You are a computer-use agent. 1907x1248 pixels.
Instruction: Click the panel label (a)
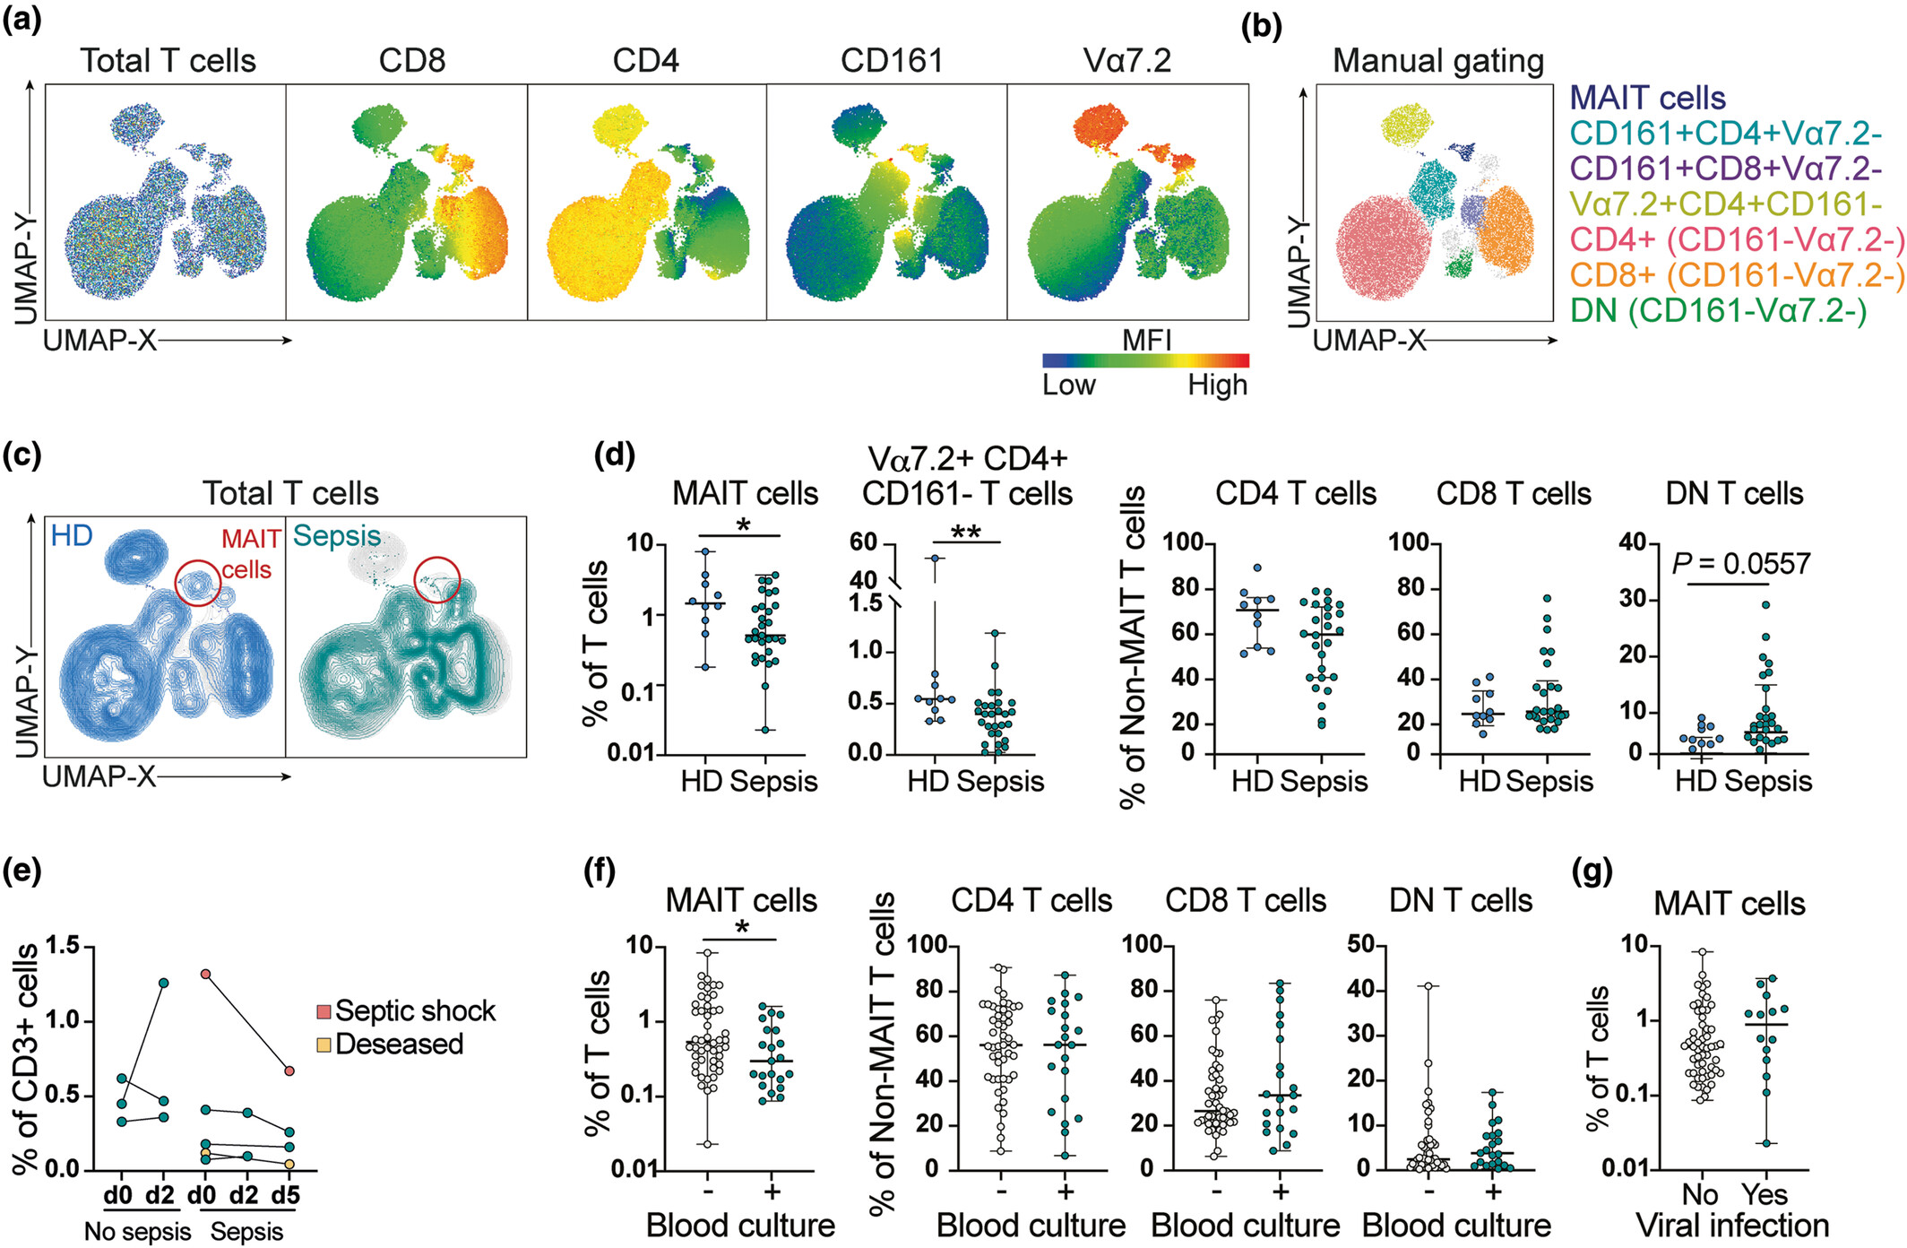tap(22, 19)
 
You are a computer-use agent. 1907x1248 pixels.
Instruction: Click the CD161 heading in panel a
tap(892, 60)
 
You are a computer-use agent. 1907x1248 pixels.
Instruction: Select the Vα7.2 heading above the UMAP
tap(1126, 60)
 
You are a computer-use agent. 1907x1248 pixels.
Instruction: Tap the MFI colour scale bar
tap(1145, 360)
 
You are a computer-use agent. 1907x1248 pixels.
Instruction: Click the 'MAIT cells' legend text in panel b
tap(1648, 98)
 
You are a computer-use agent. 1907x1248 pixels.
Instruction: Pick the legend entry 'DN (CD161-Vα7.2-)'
tap(1719, 310)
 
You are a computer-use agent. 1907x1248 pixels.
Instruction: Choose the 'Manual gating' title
tap(1438, 61)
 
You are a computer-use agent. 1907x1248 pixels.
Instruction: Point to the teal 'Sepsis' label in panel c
tap(337, 536)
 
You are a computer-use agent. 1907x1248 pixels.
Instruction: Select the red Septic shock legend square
tap(324, 1012)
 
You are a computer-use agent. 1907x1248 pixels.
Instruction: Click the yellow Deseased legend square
tap(324, 1044)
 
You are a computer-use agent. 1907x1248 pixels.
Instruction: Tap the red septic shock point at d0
tap(205, 974)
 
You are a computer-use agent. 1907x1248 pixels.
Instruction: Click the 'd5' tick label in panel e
tap(285, 1195)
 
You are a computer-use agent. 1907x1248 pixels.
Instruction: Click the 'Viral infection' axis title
tap(1732, 1226)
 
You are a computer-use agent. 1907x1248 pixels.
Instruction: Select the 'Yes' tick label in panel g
tap(1765, 1194)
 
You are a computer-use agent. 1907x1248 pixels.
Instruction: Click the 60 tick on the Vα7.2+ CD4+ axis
tap(863, 542)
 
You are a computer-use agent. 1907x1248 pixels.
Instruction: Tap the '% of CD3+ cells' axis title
tap(27, 1058)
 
